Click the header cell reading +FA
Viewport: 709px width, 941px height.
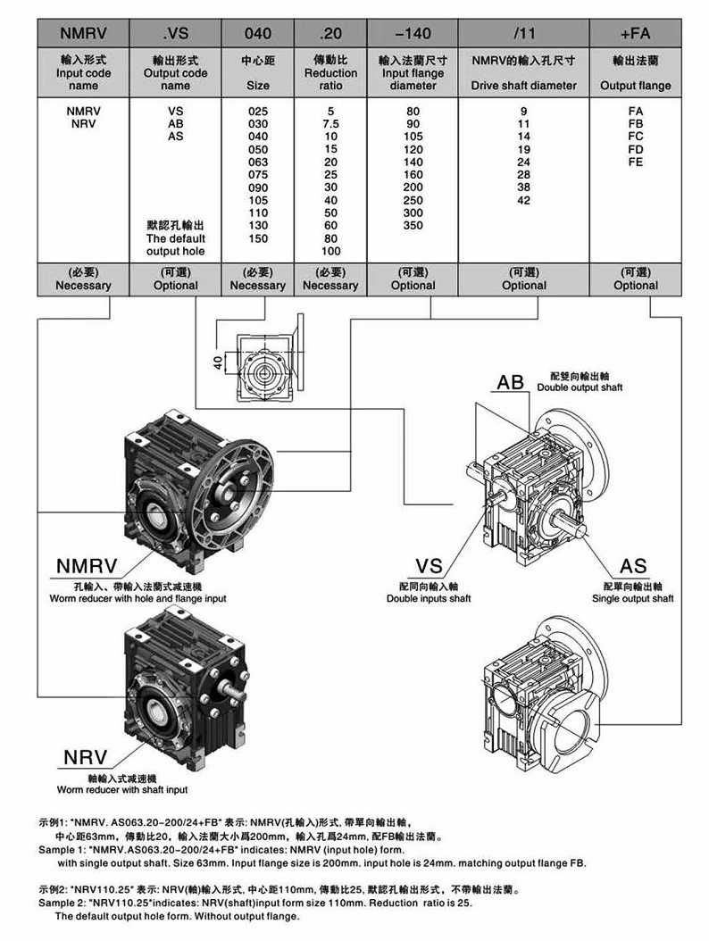(x=635, y=34)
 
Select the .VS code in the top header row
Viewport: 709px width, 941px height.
(x=175, y=34)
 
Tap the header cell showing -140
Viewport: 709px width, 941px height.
(x=412, y=34)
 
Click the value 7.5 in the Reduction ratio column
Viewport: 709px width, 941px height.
(x=329, y=122)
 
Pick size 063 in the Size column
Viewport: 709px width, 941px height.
(x=257, y=162)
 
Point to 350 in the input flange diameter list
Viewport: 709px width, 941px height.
(x=413, y=226)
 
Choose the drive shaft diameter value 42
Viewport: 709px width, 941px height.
(x=523, y=200)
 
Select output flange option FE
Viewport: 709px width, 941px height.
(x=635, y=162)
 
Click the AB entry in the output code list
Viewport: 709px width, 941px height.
(x=175, y=122)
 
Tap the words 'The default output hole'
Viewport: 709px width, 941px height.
(x=175, y=245)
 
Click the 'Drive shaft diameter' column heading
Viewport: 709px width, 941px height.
(x=523, y=86)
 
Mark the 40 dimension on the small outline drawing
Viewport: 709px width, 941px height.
(x=217, y=362)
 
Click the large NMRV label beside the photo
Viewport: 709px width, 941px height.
(x=89, y=567)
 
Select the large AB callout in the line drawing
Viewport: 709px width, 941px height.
(x=510, y=383)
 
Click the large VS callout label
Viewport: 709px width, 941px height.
(x=430, y=567)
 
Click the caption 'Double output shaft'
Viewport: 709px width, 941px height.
(x=580, y=387)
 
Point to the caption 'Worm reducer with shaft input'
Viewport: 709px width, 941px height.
(x=122, y=790)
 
